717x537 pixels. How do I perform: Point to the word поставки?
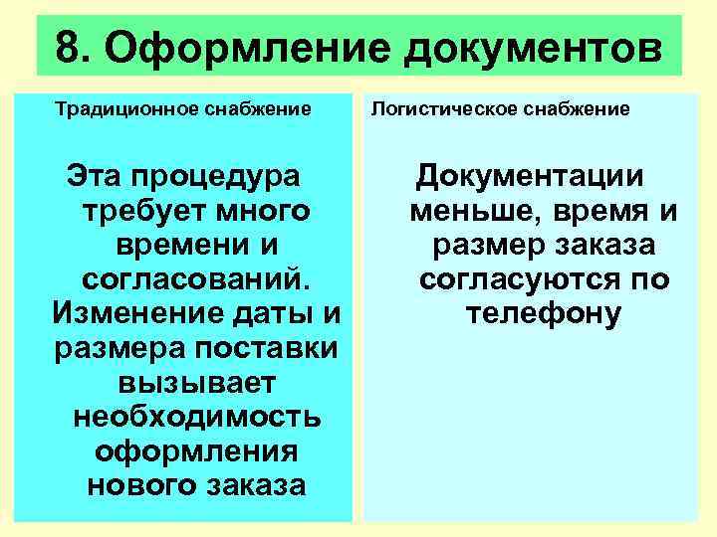tap(265, 349)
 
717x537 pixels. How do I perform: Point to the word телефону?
tap(544, 314)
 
